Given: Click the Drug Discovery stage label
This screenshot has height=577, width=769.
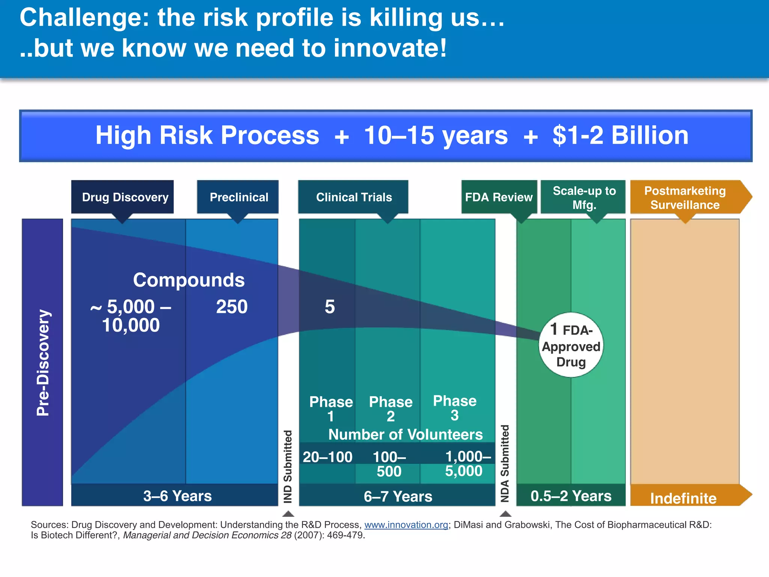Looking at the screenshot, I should click(125, 197).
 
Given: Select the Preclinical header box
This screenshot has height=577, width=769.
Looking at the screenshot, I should click(238, 197).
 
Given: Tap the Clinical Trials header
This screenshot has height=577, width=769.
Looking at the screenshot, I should click(353, 197).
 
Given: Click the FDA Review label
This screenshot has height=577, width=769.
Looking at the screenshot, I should click(499, 197).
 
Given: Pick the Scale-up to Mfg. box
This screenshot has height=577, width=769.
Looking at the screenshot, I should click(584, 198).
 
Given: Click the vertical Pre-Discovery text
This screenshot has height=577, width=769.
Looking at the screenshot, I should click(43, 363).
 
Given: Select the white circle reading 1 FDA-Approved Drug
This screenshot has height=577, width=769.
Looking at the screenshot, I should click(571, 345).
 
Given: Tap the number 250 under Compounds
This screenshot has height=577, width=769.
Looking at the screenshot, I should click(232, 307).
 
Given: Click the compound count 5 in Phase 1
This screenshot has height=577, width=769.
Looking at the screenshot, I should click(329, 307).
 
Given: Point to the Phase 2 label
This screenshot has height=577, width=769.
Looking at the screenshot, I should click(391, 409).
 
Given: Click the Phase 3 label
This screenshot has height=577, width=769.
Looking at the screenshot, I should click(454, 408).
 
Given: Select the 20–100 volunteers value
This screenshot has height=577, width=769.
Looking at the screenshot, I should click(327, 457).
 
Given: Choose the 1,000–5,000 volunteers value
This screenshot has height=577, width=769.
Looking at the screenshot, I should click(466, 464).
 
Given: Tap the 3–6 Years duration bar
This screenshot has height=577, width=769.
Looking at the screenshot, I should click(177, 496).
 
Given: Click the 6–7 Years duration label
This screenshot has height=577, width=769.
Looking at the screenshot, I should click(398, 497).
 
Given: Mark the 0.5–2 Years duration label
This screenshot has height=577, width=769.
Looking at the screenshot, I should click(571, 496).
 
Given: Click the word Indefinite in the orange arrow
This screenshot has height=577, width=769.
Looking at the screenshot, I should click(683, 498).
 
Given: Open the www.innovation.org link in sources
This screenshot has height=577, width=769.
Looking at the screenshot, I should click(406, 525).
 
